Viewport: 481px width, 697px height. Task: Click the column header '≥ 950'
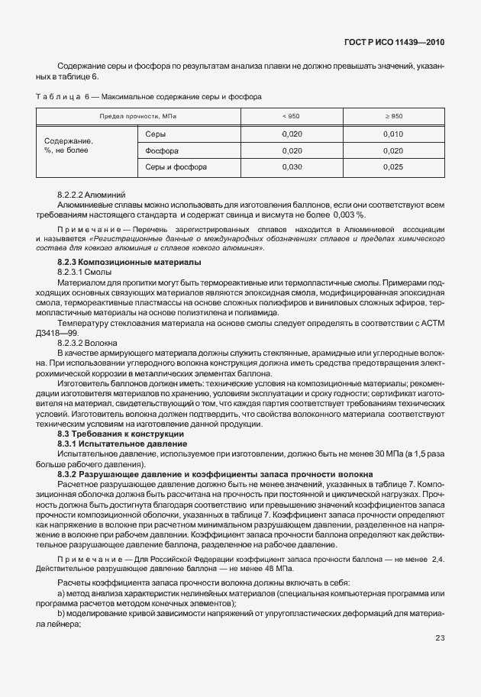[393, 115]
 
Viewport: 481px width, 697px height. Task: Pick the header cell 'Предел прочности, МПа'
[139, 115]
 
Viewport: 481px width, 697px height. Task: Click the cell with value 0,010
[393, 134]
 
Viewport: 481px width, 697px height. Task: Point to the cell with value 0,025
[393, 166]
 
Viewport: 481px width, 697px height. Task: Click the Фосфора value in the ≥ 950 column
[393, 150]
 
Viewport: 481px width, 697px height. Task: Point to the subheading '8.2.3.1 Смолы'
[86, 271]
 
